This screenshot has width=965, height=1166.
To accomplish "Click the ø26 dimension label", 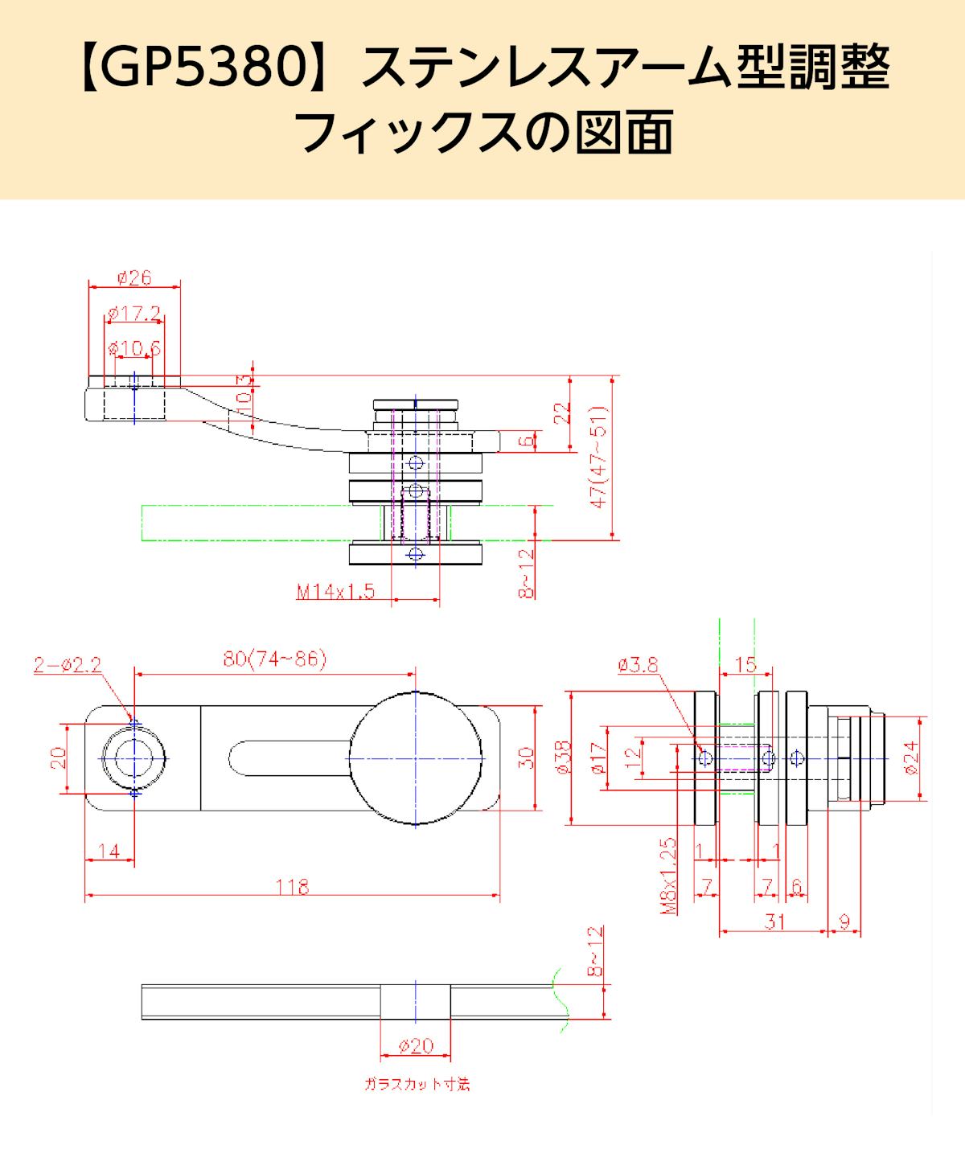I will point(134,278).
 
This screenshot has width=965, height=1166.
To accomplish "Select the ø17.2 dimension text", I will point(133,313).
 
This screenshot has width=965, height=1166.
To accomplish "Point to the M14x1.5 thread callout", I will point(336,592).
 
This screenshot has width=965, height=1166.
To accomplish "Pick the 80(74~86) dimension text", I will point(274,659).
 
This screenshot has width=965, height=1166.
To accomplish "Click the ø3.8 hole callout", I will point(639,664).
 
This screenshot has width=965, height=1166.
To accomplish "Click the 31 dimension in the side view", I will point(774,922).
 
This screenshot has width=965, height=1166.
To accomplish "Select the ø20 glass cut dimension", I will point(416,1045).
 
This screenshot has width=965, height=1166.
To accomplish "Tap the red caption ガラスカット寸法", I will point(417,1085).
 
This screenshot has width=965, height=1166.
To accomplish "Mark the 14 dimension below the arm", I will point(109,850).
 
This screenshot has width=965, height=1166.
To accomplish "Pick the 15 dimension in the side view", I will point(746,664).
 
